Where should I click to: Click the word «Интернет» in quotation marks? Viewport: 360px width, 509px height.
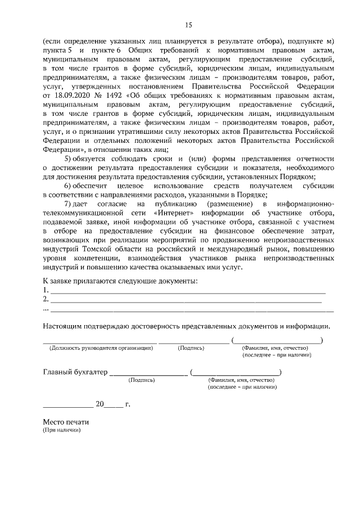point(171,213)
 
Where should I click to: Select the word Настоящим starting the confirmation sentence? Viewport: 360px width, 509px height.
point(64,326)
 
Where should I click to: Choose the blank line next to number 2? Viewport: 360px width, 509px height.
point(186,300)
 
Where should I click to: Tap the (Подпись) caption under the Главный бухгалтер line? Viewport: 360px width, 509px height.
point(142,380)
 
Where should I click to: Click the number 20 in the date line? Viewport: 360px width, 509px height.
point(100,404)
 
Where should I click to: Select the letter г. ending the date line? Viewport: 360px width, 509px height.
point(128,404)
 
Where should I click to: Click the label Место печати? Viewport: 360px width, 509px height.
point(66,422)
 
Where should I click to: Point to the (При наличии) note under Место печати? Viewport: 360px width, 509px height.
point(62,430)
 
